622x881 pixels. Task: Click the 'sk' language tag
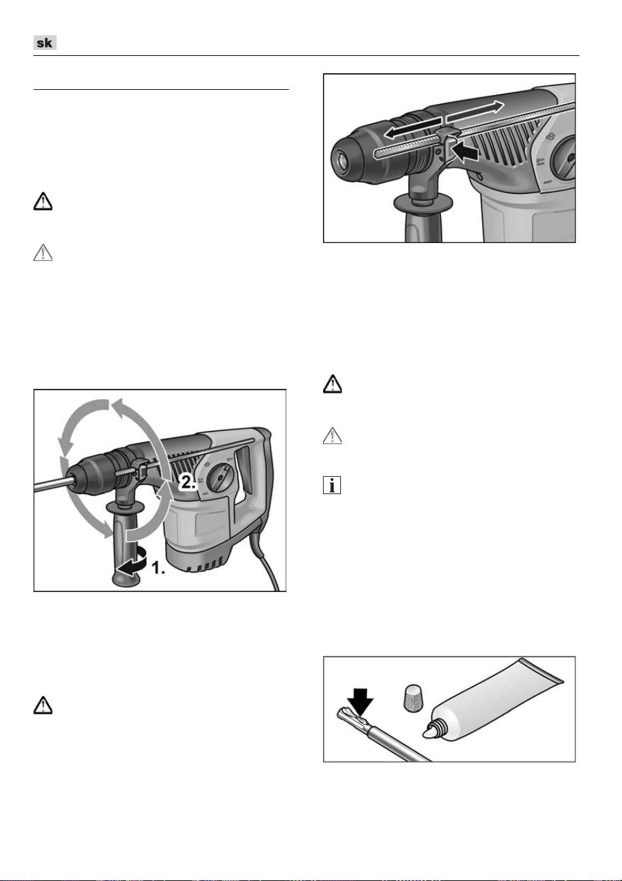(45, 43)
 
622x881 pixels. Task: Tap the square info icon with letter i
(332, 485)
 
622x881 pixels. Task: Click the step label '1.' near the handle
(158, 567)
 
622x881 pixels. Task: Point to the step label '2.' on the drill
(188, 482)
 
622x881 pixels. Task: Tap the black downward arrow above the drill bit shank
(360, 701)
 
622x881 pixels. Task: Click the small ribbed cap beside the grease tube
(414, 697)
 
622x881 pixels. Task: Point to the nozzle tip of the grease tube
(428, 733)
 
